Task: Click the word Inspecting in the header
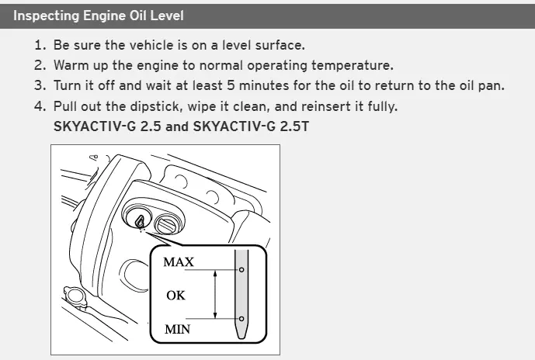pyautogui.click(x=46, y=16)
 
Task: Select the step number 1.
pyautogui.click(x=40, y=45)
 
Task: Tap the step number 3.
pyautogui.click(x=40, y=85)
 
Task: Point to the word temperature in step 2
pyautogui.click(x=353, y=65)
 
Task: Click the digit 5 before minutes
pyautogui.click(x=231, y=85)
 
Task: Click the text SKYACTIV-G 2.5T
pyautogui.click(x=251, y=126)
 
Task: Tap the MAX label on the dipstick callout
pyautogui.click(x=179, y=261)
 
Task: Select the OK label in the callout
pyautogui.click(x=175, y=296)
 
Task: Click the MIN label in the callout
pyautogui.click(x=177, y=329)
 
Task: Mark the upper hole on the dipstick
pyautogui.click(x=241, y=270)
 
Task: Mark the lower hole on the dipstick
pyautogui.click(x=241, y=319)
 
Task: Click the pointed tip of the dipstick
pyautogui.click(x=241, y=337)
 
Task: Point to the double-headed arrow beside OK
pyautogui.click(x=215, y=294)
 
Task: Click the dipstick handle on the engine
pyautogui.click(x=141, y=221)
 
